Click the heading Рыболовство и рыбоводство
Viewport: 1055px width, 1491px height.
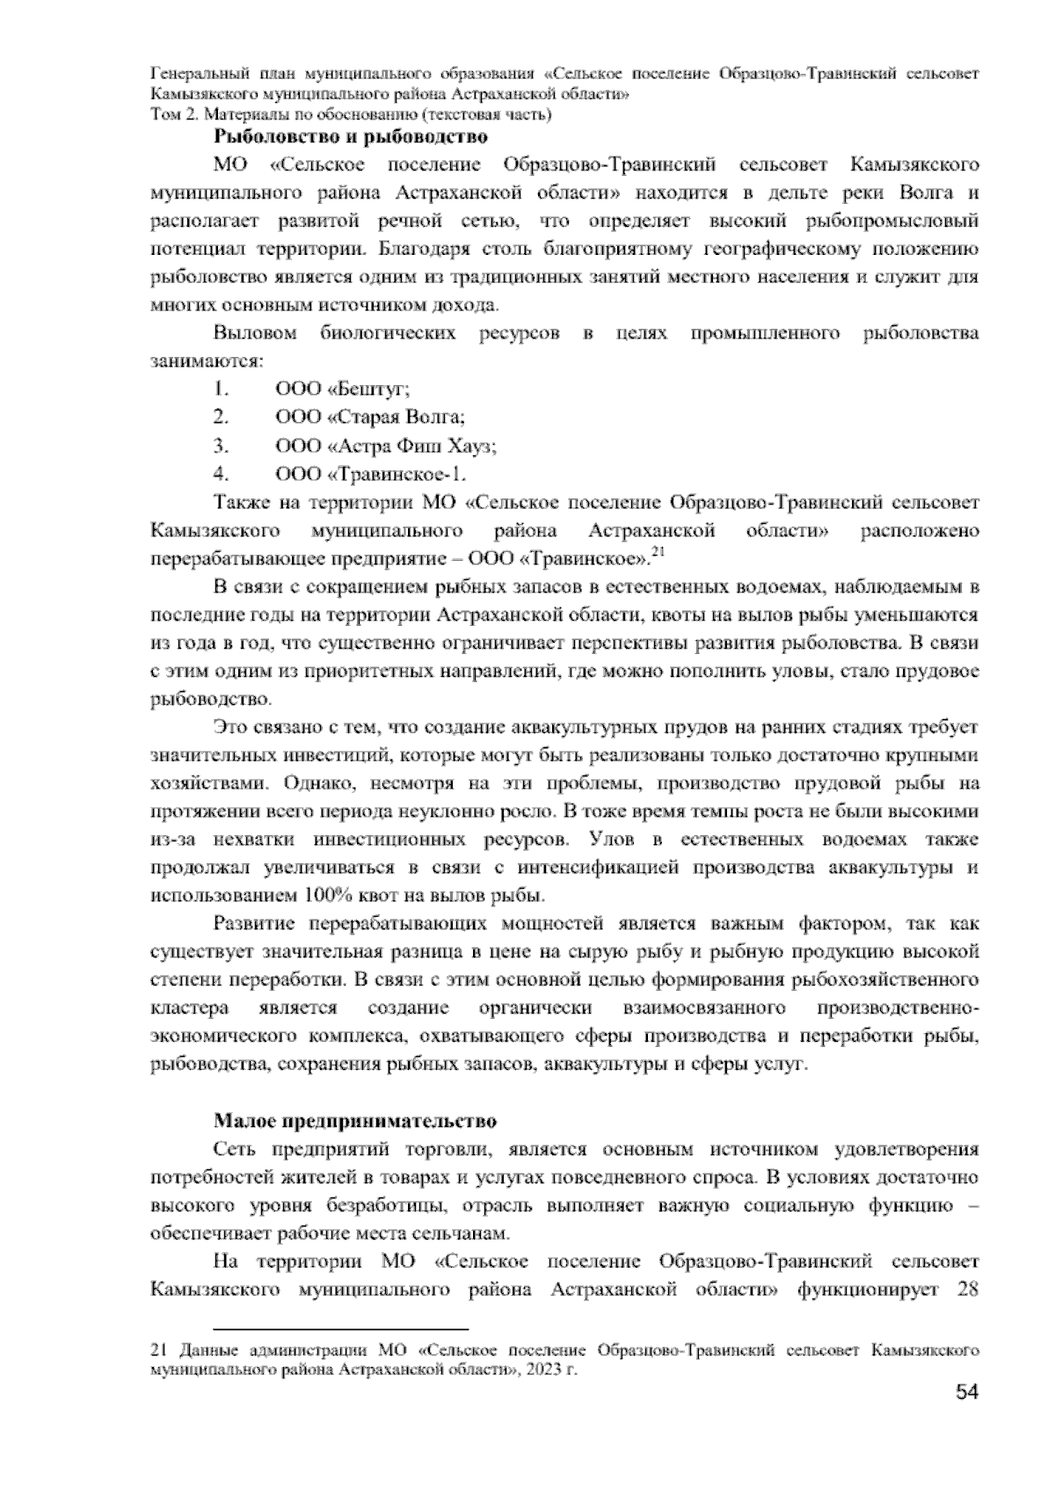(350, 136)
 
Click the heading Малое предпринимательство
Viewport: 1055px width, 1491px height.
(355, 1121)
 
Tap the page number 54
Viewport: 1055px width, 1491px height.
(966, 1416)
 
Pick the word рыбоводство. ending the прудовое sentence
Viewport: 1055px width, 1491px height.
(211, 700)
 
